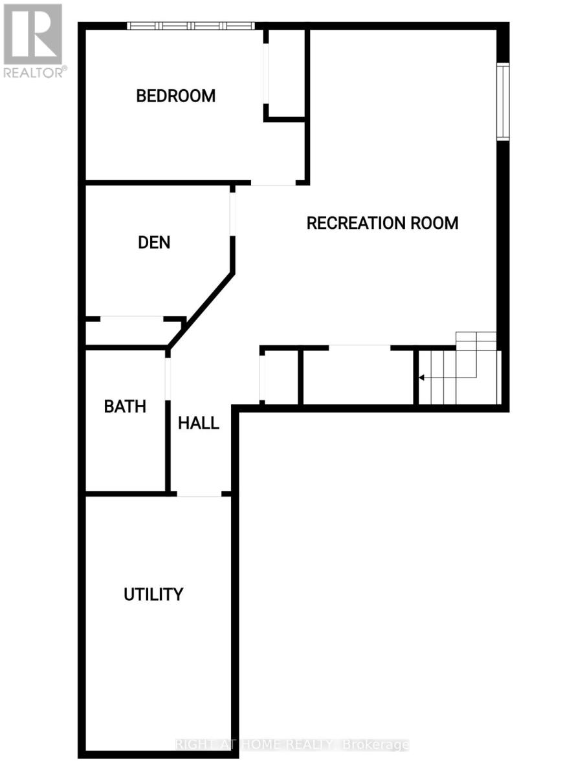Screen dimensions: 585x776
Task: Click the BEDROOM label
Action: tap(175, 96)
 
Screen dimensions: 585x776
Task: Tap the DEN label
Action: tap(154, 242)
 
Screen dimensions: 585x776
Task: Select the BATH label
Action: tap(125, 407)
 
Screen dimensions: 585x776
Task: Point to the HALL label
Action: tap(199, 423)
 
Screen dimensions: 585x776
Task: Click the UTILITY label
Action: tap(153, 594)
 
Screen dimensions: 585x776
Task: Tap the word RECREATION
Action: tap(356, 222)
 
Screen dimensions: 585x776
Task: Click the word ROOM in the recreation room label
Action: tap(434, 222)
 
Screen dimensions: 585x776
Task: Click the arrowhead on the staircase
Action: tap(421, 378)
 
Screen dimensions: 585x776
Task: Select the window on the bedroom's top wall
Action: tap(191, 26)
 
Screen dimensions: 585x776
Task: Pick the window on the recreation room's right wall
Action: tap(503, 102)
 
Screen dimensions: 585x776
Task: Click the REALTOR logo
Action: tap(33, 41)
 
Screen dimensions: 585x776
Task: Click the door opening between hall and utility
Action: tap(199, 494)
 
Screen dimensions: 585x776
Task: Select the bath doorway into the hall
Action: tap(168, 379)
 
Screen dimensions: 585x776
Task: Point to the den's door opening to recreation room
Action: tap(232, 214)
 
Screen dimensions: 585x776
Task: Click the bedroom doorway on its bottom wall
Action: tap(273, 182)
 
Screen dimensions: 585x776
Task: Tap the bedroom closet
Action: tap(286, 73)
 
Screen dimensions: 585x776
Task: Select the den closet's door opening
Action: tap(131, 319)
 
